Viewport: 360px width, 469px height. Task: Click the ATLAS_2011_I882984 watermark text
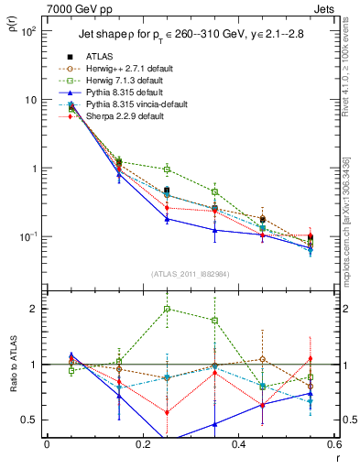190,276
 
